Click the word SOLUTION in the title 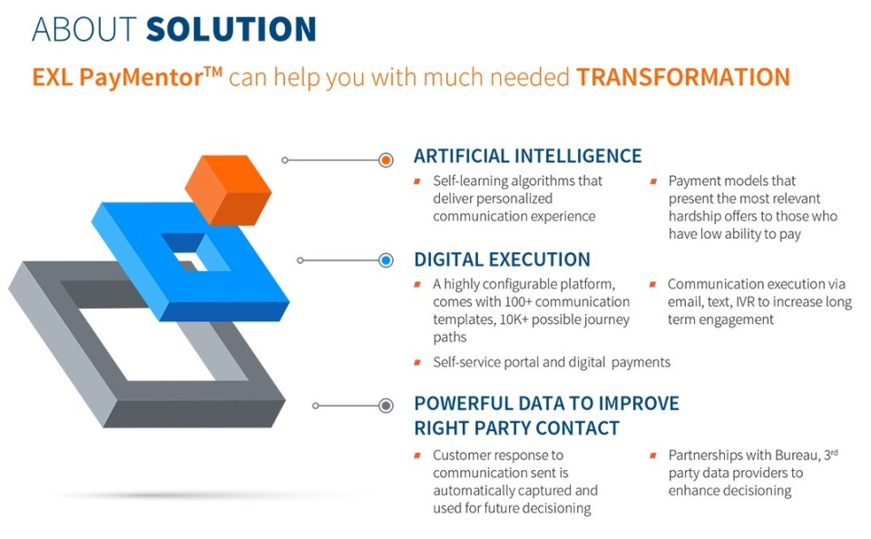231,29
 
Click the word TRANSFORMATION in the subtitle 682,77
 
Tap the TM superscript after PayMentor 212,71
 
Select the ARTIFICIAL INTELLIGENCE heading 528,156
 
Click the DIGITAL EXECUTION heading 502,260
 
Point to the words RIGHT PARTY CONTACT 516,428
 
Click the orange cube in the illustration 229,190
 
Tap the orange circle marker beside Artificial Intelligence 387,160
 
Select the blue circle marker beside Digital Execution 387,260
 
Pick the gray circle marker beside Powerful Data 387,406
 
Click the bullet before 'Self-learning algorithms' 417,181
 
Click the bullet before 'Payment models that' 653,181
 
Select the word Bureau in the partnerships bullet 798,456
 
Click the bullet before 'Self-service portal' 417,363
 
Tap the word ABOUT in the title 84,29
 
